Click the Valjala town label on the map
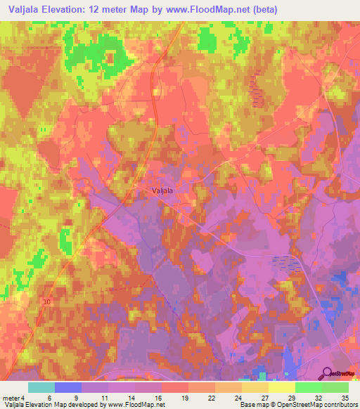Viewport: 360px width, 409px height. (x=162, y=189)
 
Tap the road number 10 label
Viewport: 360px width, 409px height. (x=47, y=301)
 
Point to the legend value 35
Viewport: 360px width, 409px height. (x=345, y=397)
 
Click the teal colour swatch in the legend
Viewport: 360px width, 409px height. (x=41, y=387)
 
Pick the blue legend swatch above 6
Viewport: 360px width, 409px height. (x=68, y=387)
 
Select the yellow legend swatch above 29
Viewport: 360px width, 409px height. (x=282, y=387)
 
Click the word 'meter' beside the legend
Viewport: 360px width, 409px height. (x=13, y=397)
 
